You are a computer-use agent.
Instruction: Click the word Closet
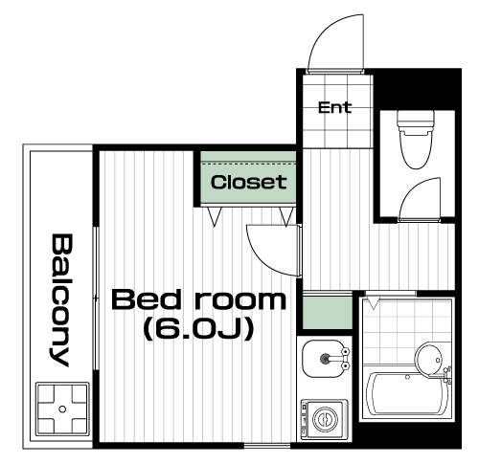pos(248,182)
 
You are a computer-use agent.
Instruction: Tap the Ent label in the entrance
pos(335,107)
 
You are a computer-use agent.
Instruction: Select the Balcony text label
pos(61,300)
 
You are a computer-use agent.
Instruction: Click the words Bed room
pos(198,299)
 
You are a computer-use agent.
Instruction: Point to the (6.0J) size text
pos(198,329)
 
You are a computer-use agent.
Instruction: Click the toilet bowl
pos(415,149)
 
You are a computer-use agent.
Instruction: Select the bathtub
pos(407,393)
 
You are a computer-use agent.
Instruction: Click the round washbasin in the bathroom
pos(429,360)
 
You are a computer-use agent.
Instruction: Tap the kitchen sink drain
pos(325,359)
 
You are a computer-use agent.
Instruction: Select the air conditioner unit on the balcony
pos(62,409)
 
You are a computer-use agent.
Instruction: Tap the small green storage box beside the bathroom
pos(327,313)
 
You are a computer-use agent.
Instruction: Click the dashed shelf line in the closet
pos(248,164)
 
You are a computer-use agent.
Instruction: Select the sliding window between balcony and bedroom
pos(96,298)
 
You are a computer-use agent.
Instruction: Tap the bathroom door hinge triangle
pos(373,302)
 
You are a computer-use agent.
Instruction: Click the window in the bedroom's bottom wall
pos(267,445)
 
